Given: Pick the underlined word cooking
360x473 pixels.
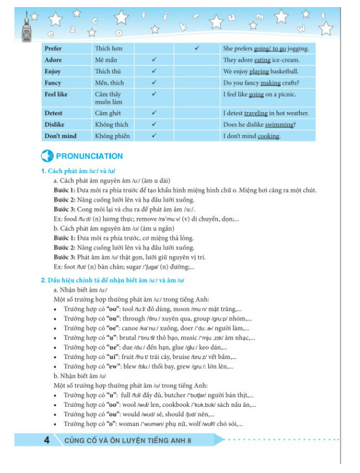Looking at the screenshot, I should point(268,136).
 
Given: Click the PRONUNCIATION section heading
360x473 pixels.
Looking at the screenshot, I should point(89,156).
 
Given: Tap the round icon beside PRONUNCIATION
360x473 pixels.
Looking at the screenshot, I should point(47,156).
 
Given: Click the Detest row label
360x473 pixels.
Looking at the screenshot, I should point(54,113).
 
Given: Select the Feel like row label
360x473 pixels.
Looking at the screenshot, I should point(56,94).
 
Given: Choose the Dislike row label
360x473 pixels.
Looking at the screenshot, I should point(55,125).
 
